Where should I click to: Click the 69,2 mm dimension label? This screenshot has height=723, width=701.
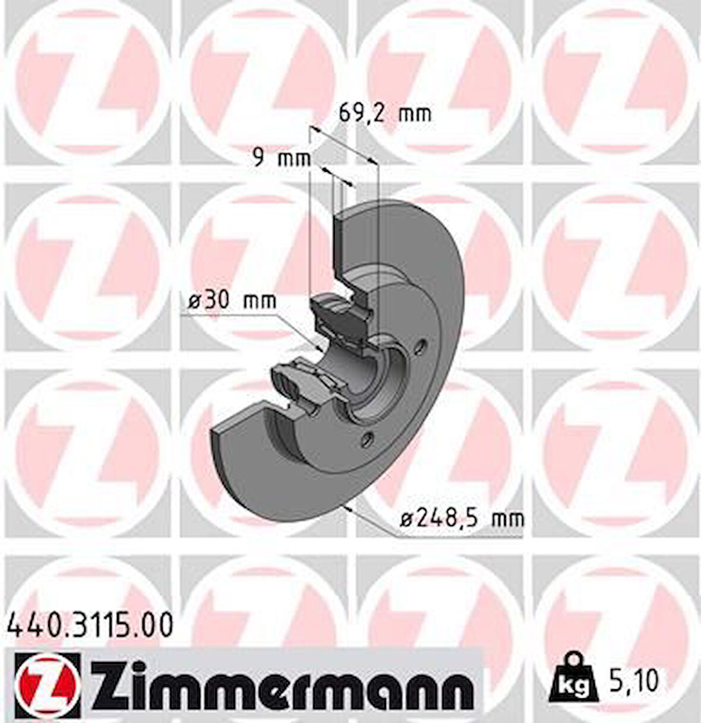click(x=384, y=112)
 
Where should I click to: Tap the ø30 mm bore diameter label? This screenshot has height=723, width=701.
click(x=232, y=301)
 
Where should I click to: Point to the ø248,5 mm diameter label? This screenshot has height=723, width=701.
click(x=462, y=519)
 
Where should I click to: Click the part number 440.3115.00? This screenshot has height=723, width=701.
click(x=90, y=626)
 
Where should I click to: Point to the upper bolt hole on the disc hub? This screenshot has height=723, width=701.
click(x=421, y=345)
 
